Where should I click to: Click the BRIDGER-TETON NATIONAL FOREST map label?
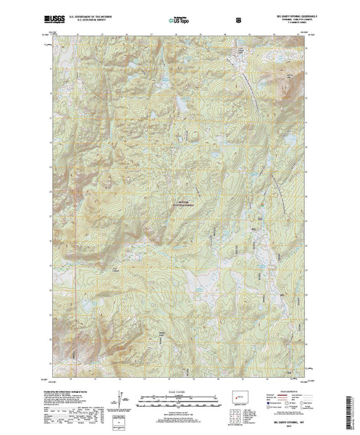pyautogui.click(x=186, y=204)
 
